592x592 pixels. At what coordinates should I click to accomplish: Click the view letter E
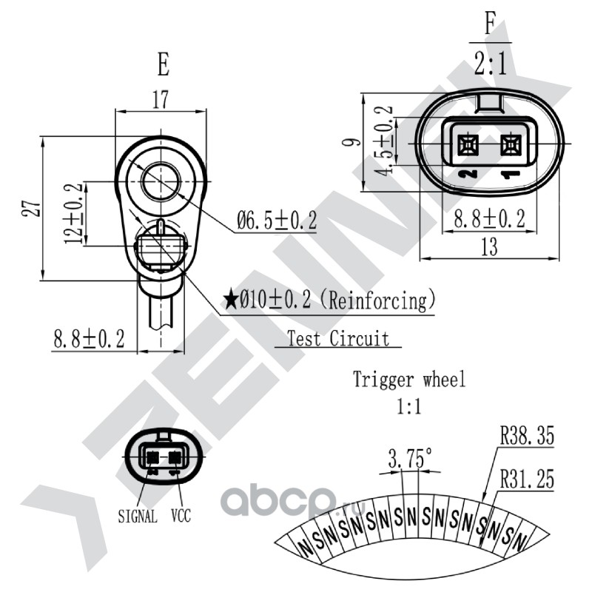163,64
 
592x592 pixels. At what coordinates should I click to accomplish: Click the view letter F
490,23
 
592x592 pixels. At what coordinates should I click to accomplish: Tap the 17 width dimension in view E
161,100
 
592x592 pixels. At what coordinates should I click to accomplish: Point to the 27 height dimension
31,206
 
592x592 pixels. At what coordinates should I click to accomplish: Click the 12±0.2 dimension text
73,213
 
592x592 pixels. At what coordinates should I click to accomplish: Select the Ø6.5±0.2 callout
277,221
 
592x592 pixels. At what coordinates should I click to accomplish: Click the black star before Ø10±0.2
231,300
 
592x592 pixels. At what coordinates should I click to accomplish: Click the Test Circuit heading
338,338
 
